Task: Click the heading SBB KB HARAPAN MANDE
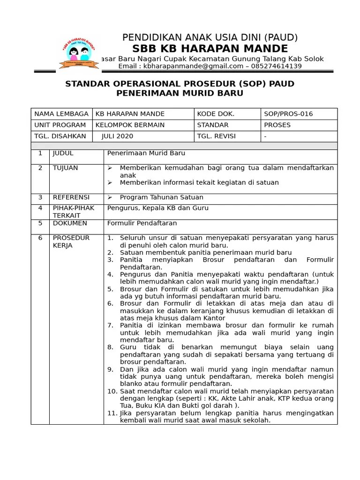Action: tap(210, 48)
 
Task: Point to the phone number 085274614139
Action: tap(277, 66)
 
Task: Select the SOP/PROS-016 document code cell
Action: tap(288, 114)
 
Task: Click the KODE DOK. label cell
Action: tap(216, 114)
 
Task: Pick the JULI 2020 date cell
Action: tap(117, 136)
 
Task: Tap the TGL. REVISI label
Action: tap(216, 136)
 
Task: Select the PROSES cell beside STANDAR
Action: tap(277, 125)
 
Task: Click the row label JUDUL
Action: tap(63, 153)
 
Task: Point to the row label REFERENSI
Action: tap(71, 197)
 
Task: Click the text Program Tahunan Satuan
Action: tap(161, 197)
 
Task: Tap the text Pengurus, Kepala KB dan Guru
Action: tap(158, 208)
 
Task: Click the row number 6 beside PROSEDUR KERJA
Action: tap(40, 238)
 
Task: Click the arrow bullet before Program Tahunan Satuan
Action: tap(110, 197)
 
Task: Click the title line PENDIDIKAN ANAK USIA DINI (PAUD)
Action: tap(210, 37)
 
